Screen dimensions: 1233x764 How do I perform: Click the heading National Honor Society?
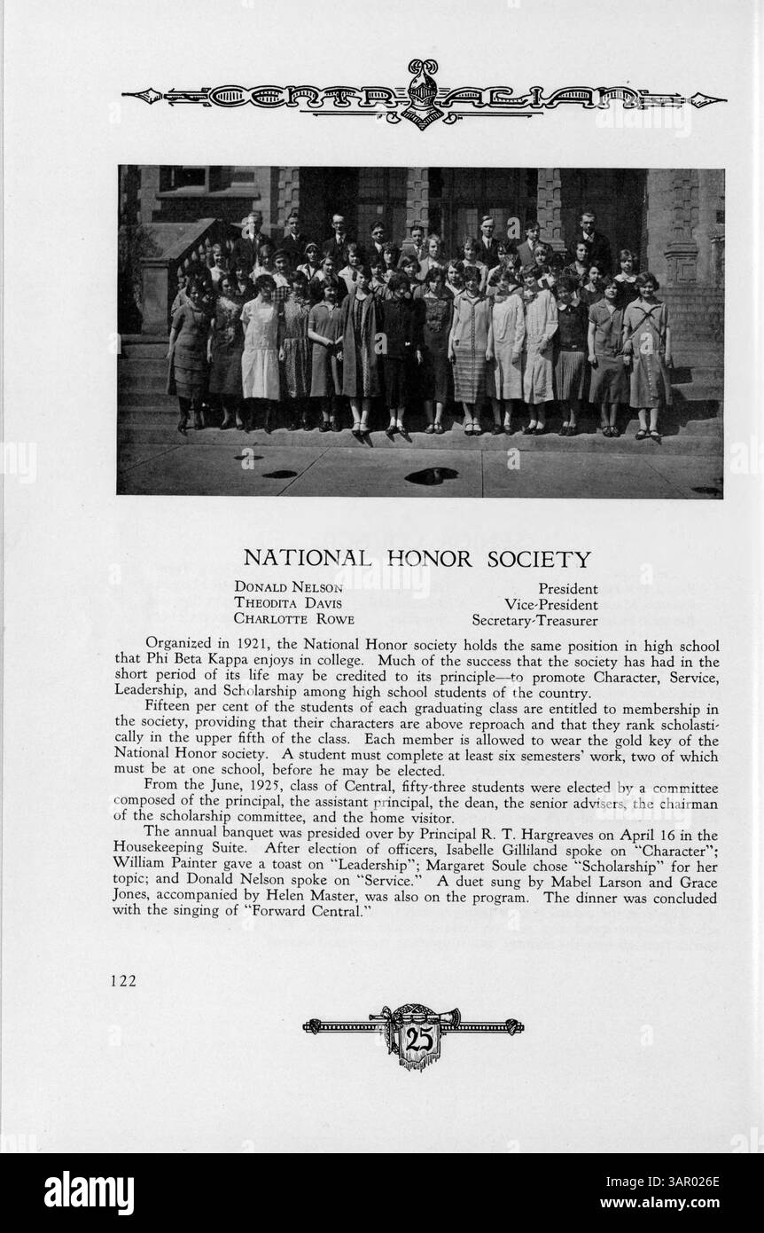[417, 559]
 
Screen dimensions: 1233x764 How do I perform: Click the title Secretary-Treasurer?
[534, 620]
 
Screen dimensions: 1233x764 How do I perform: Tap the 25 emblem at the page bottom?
[413, 1039]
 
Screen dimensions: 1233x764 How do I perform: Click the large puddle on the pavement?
[431, 475]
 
